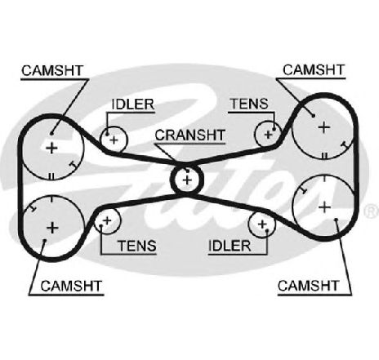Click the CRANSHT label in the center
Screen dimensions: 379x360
click(x=190, y=135)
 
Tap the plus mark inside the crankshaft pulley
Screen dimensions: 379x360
click(x=187, y=180)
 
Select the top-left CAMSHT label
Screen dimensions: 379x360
click(x=52, y=70)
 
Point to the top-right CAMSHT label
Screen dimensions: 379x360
click(x=314, y=70)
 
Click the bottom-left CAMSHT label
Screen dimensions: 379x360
click(x=71, y=286)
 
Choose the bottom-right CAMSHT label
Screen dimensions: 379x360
click(x=308, y=286)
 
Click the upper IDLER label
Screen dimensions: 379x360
click(x=133, y=104)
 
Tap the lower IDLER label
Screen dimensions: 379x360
click(x=230, y=246)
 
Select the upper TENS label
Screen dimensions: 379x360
click(x=249, y=104)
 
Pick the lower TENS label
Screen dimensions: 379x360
click(x=137, y=246)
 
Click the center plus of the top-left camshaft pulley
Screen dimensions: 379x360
click(x=51, y=149)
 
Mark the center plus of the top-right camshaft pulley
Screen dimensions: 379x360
click(x=324, y=127)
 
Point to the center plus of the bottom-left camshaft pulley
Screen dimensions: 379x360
click(x=53, y=228)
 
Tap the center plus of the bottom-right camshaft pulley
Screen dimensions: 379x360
click(x=324, y=207)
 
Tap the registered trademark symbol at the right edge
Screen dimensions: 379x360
click(x=372, y=211)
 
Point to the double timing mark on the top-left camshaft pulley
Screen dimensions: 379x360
click(x=51, y=176)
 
